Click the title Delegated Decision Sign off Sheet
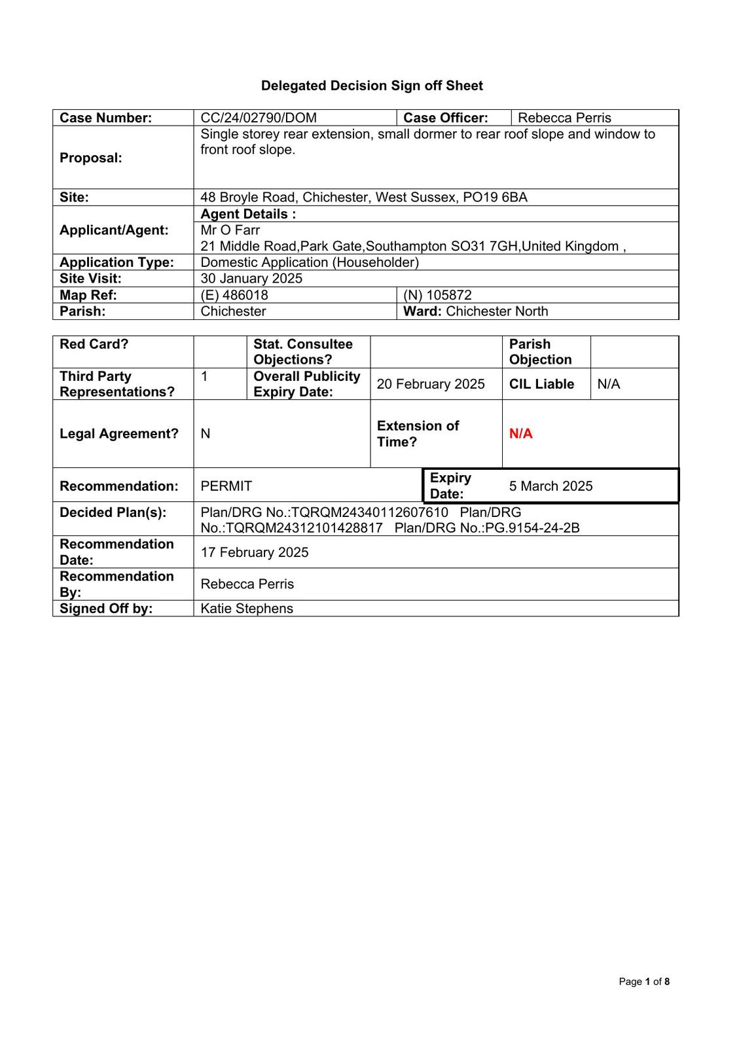point(372,86)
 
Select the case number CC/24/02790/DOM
point(259,118)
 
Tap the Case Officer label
point(446,118)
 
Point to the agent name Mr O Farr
point(230,230)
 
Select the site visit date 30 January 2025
point(251,278)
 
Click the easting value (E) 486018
point(234,295)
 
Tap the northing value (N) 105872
point(437,295)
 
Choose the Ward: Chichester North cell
point(476,311)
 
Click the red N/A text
point(520,434)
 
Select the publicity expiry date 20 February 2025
point(431,384)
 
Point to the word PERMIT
point(226,486)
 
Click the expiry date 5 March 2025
point(551,486)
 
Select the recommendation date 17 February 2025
point(254,552)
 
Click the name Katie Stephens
point(247,609)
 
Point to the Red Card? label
point(94,344)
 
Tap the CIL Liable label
point(541,384)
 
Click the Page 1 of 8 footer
point(644,982)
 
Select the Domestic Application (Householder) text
point(310,262)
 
